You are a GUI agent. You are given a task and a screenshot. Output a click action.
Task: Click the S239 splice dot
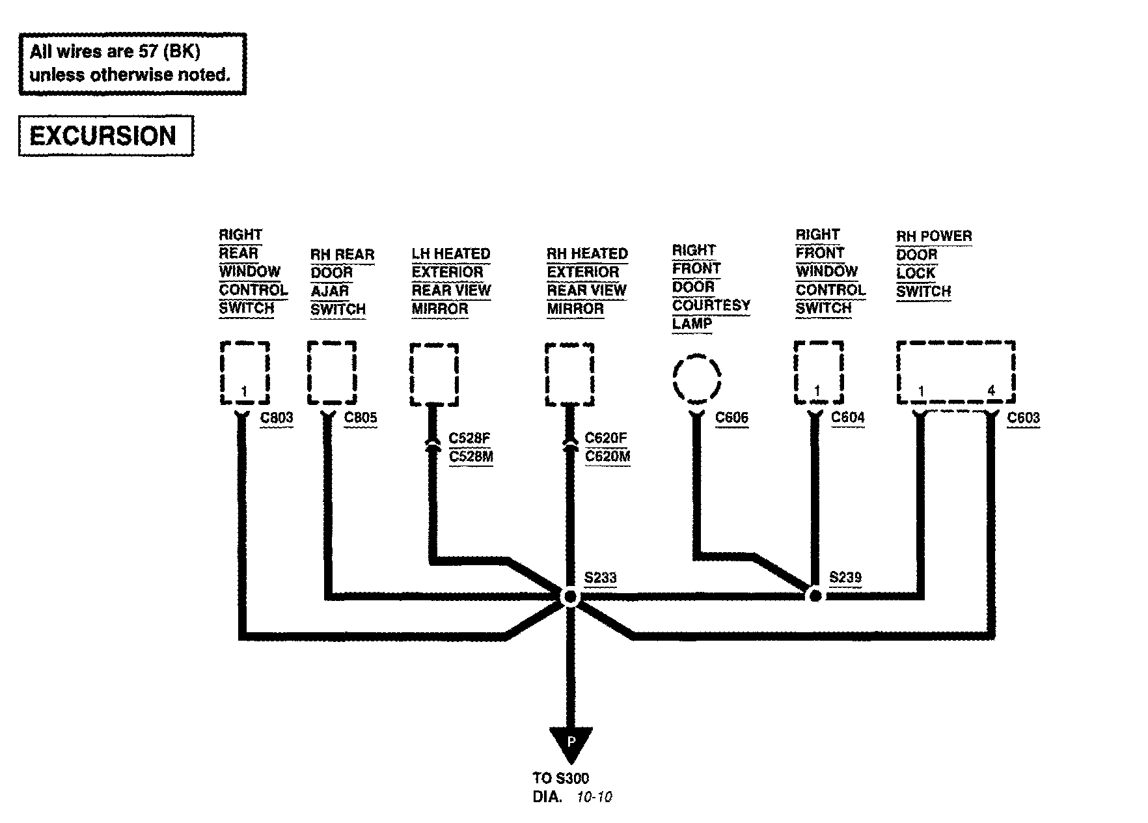point(814,595)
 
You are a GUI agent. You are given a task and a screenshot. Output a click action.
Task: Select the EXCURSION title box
point(105,136)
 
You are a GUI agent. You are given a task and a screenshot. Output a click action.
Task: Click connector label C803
point(277,418)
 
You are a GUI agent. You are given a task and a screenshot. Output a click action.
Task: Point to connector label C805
point(360,418)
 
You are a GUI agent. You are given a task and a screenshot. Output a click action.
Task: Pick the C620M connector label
point(607,456)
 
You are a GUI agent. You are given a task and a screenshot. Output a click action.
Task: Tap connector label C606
point(731,418)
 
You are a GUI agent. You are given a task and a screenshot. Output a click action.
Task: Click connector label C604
point(847,418)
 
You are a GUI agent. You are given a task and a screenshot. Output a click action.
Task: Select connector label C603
point(1023,418)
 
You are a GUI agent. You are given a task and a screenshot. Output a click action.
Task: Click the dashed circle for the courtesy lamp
point(696,378)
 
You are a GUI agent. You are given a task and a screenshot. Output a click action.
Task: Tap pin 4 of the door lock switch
point(991,391)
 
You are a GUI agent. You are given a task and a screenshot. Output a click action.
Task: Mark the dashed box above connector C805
point(332,373)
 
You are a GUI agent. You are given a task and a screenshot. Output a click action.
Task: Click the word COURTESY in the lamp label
point(711,305)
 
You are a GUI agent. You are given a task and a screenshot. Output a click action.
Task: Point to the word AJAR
point(330,291)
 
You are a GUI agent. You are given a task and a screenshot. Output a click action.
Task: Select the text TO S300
point(561,778)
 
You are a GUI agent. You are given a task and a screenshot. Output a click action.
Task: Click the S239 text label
point(845,578)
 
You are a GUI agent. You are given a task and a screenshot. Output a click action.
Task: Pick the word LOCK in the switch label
point(915,273)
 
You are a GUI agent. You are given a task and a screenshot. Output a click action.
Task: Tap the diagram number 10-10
point(594,797)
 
